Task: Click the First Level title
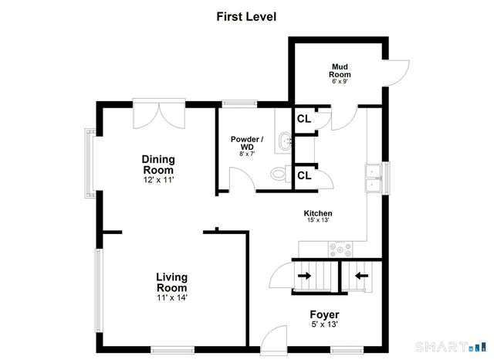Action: pos(246,17)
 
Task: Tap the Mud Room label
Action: pos(340,70)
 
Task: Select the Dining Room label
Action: pos(158,165)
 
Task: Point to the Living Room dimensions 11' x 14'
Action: pos(172,297)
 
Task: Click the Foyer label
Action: pos(324,314)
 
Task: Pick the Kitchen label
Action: pos(318,213)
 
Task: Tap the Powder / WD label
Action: pos(247,143)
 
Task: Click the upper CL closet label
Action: pos(304,119)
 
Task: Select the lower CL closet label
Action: pos(304,175)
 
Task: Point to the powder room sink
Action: pos(285,142)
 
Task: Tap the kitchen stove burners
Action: pos(340,250)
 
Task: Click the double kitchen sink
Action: pos(374,178)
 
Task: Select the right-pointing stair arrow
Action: pos(304,276)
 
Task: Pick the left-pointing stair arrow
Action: pos(362,276)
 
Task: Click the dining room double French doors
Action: pos(159,114)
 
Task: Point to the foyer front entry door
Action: pos(273,340)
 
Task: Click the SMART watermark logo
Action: pos(451,347)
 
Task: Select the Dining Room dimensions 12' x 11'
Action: pos(159,180)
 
